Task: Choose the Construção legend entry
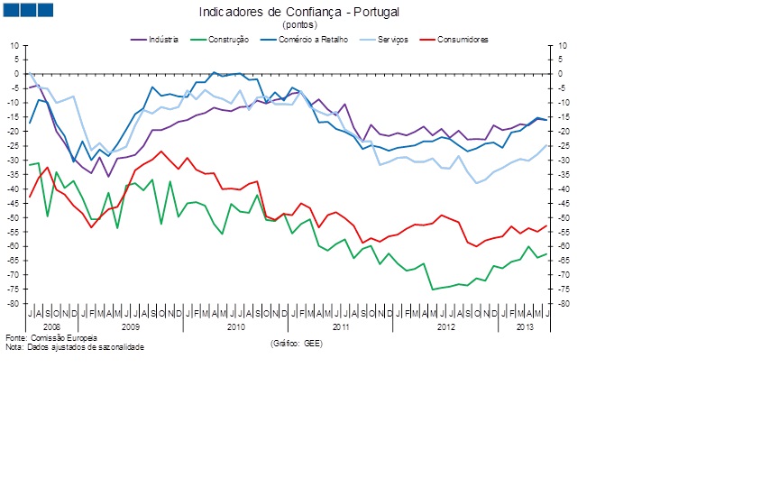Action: click(x=228, y=40)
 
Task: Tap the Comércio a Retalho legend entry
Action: click(x=313, y=40)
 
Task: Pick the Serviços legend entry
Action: click(x=393, y=40)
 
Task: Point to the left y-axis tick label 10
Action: click(x=14, y=45)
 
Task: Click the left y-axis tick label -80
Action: click(x=13, y=304)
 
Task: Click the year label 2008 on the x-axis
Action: click(x=52, y=325)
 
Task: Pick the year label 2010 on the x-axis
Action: click(x=235, y=325)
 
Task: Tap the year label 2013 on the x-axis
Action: click(x=524, y=325)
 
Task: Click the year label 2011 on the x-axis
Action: click(x=341, y=325)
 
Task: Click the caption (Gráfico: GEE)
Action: click(x=297, y=343)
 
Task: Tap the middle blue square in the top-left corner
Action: click(x=28, y=10)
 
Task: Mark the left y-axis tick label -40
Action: click(x=13, y=189)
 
